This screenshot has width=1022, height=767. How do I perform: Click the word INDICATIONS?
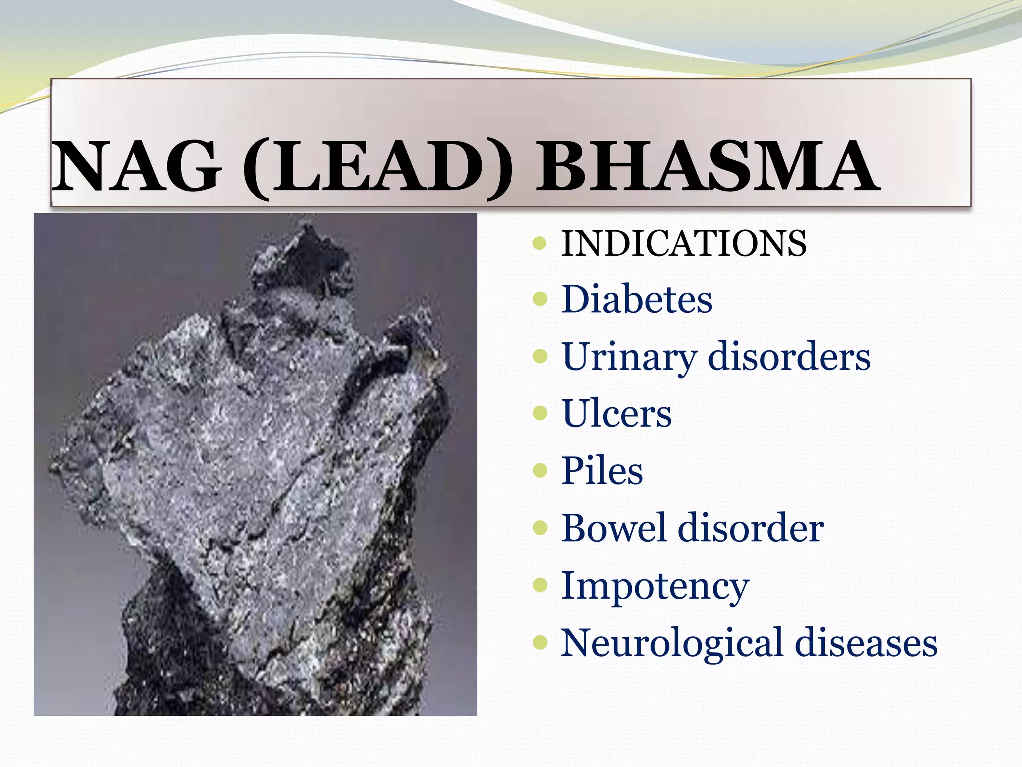[684, 243]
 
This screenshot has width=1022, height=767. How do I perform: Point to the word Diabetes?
[637, 299]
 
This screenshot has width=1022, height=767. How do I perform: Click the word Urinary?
[629, 358]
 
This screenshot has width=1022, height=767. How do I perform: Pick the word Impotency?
[655, 586]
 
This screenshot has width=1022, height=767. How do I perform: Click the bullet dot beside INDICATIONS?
[540, 243]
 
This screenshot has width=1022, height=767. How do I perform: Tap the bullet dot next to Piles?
[540, 470]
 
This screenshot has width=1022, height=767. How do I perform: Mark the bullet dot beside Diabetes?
[540, 299]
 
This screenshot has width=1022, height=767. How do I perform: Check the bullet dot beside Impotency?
[540, 585]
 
